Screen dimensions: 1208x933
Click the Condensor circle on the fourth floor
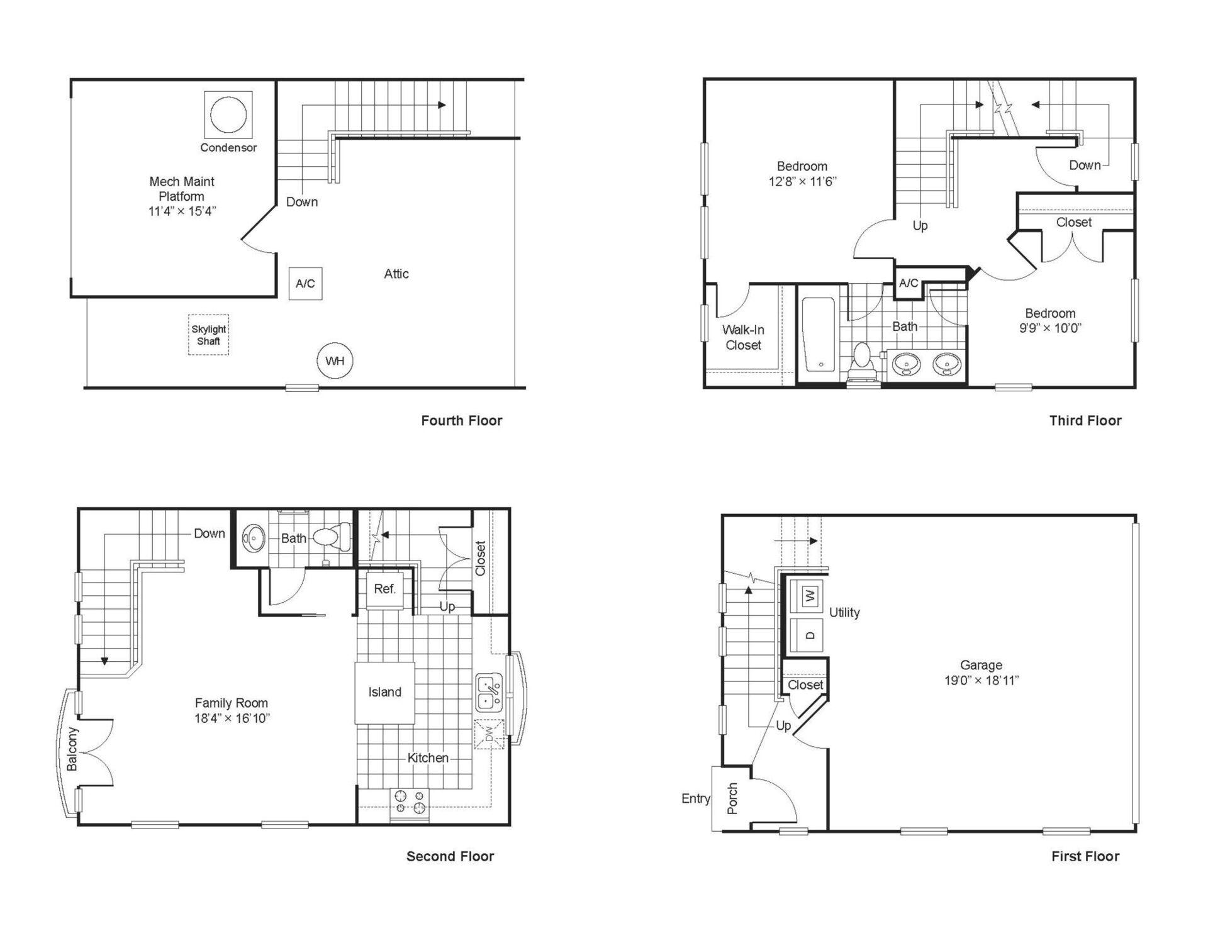point(228,115)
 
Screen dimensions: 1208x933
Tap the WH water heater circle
point(335,360)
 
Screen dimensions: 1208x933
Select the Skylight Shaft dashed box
point(208,335)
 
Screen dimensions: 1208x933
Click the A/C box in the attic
point(306,284)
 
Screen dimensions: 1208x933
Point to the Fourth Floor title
point(462,420)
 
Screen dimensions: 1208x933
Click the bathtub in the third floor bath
point(819,335)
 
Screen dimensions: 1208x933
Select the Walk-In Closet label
point(743,337)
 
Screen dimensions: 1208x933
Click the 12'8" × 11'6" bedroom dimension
point(802,182)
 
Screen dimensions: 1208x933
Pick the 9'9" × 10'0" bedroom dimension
point(1050,328)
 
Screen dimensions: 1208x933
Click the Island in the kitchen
point(384,693)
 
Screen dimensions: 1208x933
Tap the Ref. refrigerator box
point(385,589)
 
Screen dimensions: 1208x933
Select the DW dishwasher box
point(489,734)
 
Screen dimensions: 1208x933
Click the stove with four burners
point(410,803)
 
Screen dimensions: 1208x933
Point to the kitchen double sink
point(489,693)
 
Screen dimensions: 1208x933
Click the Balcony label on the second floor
point(72,749)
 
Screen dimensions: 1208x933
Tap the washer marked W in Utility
point(810,595)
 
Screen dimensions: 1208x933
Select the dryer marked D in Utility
point(810,635)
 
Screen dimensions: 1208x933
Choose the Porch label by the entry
point(732,798)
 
